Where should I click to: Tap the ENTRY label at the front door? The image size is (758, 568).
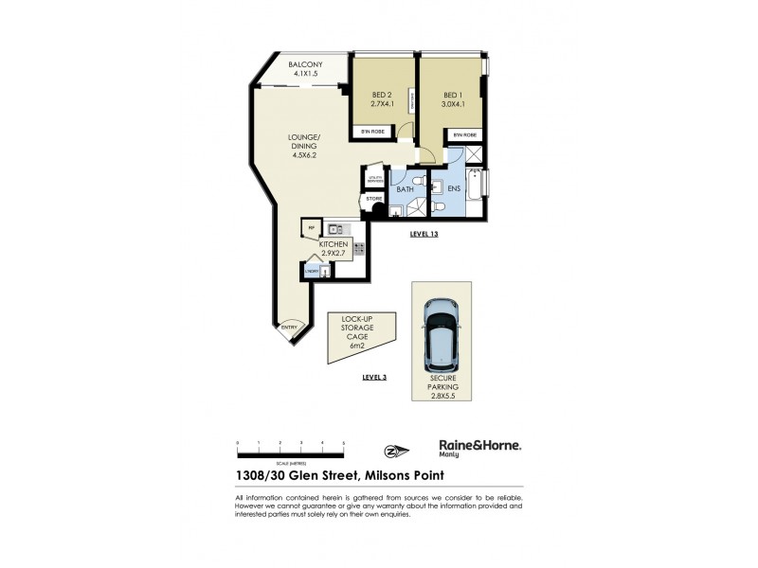pyautogui.click(x=290, y=328)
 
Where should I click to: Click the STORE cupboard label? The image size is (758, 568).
pyautogui.click(x=373, y=199)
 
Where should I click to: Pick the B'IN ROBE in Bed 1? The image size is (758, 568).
pyautogui.click(x=464, y=135)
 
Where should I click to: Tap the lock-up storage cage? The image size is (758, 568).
pyautogui.click(x=356, y=335)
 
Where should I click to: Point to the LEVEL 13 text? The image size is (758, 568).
pyautogui.click(x=426, y=232)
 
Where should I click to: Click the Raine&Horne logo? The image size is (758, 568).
pyautogui.click(x=479, y=447)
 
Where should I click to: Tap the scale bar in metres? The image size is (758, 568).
pyautogui.click(x=290, y=449)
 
